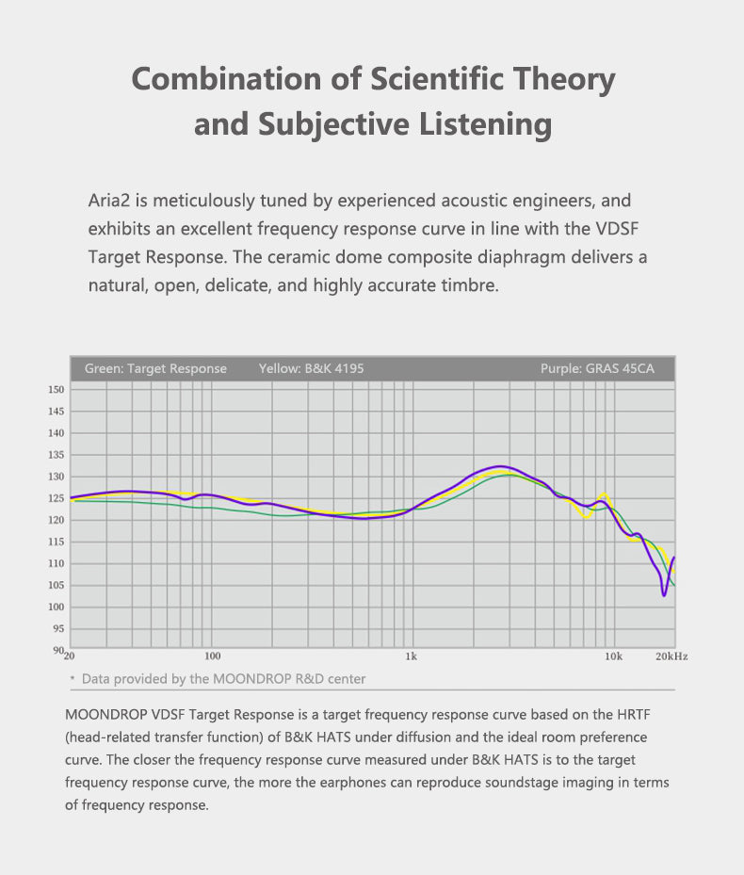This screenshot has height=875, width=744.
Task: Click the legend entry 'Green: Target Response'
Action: pyautogui.click(x=155, y=368)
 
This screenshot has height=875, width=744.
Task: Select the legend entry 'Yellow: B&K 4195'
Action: pyautogui.click(x=311, y=368)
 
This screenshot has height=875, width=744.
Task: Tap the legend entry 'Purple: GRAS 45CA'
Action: pyautogui.click(x=597, y=368)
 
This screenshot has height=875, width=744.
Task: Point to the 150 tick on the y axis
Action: pyautogui.click(x=55, y=390)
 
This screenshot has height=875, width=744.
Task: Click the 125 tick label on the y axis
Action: pyautogui.click(x=55, y=498)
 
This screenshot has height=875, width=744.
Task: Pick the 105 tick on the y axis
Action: pyautogui.click(x=55, y=585)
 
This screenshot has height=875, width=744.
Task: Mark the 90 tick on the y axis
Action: pyautogui.click(x=57, y=650)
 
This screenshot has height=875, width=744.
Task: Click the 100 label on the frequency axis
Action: pyautogui.click(x=212, y=656)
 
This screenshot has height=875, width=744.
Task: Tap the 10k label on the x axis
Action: pyautogui.click(x=613, y=656)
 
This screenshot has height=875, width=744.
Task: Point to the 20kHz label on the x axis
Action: pyautogui.click(x=671, y=656)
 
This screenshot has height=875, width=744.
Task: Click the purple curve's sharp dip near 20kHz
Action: pyautogui.click(x=664, y=594)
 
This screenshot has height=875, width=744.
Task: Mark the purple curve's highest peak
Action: pyautogui.click(x=499, y=466)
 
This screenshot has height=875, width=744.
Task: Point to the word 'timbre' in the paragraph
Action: pyautogui.click(x=468, y=284)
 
